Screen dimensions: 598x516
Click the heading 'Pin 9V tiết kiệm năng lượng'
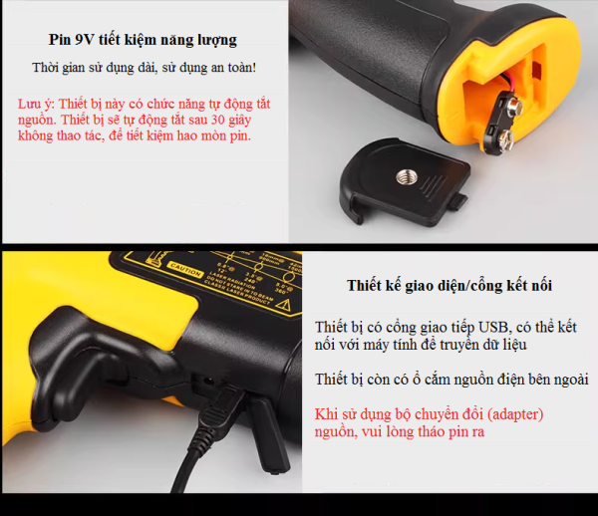143,41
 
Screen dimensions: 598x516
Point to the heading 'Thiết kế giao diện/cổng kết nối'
449,286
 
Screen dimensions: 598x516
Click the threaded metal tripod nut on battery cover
407,175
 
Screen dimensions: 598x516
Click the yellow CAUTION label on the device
184,269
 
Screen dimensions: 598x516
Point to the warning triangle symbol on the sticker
283,304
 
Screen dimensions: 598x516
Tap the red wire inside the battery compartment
500,86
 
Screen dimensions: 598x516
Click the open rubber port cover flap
268,434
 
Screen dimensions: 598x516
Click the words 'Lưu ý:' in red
36,104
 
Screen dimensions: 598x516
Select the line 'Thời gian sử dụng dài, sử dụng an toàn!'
144,68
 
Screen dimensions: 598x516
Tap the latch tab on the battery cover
457,201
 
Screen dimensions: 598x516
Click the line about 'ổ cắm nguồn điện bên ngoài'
451,380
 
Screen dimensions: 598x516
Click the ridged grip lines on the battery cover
433,186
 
